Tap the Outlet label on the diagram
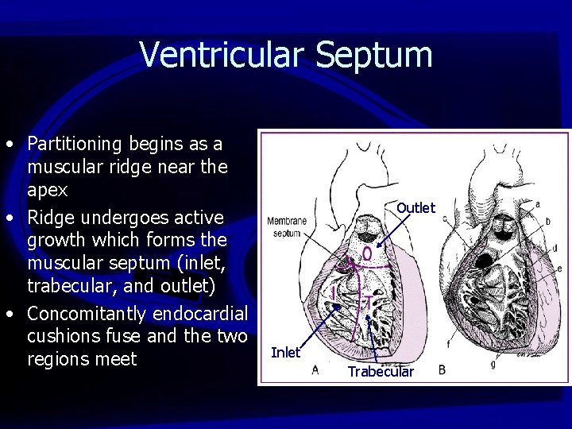[x=415, y=207]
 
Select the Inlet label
[x=286, y=352]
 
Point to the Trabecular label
[x=381, y=371]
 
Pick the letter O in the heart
[x=367, y=254]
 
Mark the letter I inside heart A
[x=334, y=294]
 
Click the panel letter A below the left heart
[x=315, y=369]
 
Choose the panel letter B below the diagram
[x=443, y=370]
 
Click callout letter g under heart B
[x=494, y=363]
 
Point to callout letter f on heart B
[x=448, y=344]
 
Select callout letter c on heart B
[x=444, y=217]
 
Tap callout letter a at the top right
[x=537, y=203]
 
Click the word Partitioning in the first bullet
[x=75, y=145]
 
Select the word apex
[x=47, y=191]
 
